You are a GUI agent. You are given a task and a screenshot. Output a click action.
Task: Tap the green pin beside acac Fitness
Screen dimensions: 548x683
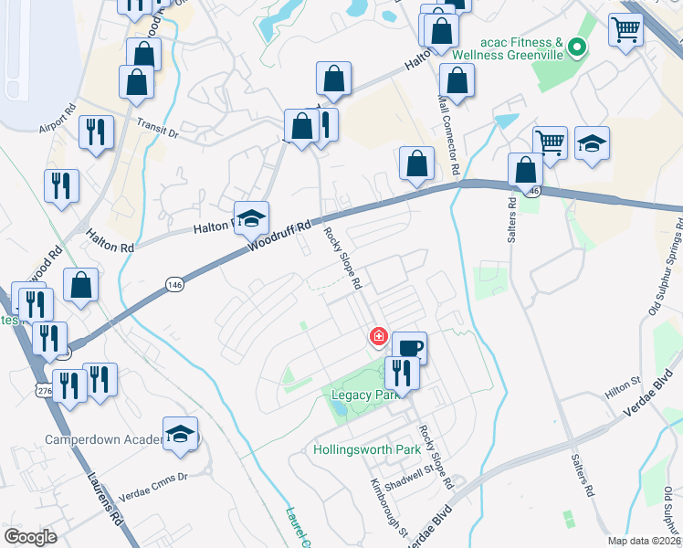tap(576, 46)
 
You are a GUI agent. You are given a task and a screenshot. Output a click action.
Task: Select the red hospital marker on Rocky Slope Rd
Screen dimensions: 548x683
tap(377, 337)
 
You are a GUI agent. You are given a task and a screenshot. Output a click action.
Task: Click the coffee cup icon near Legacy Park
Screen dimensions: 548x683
tap(409, 347)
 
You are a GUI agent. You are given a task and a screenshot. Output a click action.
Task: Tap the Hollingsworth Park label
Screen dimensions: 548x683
tap(366, 449)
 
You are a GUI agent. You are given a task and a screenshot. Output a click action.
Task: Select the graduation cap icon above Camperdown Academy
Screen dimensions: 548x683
tap(180, 435)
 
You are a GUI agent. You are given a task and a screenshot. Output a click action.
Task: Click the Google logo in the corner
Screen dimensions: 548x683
tap(30, 537)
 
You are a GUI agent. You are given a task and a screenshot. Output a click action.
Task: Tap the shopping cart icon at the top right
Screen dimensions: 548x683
tap(625, 30)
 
